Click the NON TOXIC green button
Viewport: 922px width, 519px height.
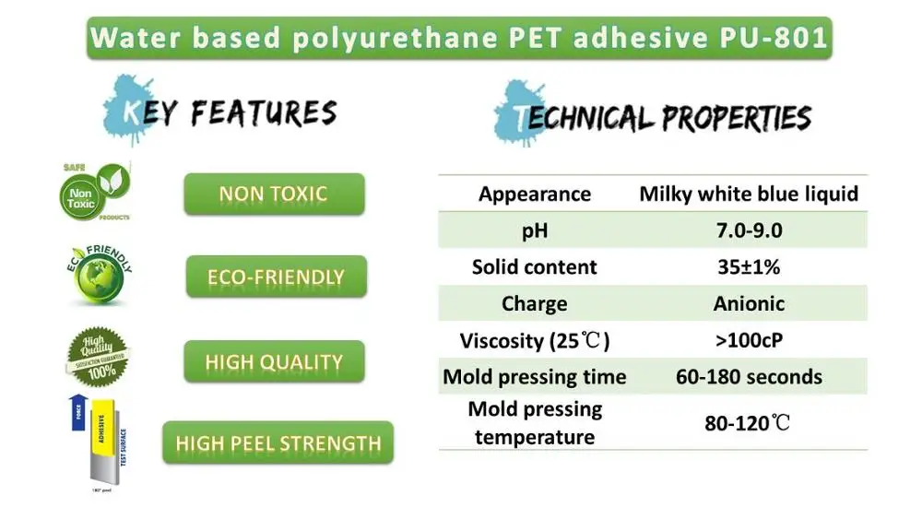tap(274, 194)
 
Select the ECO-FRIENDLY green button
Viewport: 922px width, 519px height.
tap(277, 277)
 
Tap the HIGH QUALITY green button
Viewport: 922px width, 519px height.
tap(274, 362)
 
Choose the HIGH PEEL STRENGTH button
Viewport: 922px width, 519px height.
tap(278, 443)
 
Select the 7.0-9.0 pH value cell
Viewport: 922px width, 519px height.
tap(748, 230)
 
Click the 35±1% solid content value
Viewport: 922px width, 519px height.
tap(748, 267)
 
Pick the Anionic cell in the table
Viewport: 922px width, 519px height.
tap(749, 303)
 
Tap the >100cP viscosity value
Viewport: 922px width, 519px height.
tap(748, 340)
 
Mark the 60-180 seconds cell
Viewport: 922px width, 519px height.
tap(748, 377)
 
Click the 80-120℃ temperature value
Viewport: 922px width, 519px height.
tap(748, 423)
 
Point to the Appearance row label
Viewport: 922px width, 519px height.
tap(535, 194)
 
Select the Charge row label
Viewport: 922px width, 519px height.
tap(535, 303)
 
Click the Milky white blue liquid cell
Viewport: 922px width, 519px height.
tap(748, 194)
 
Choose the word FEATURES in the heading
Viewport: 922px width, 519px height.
tap(263, 113)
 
